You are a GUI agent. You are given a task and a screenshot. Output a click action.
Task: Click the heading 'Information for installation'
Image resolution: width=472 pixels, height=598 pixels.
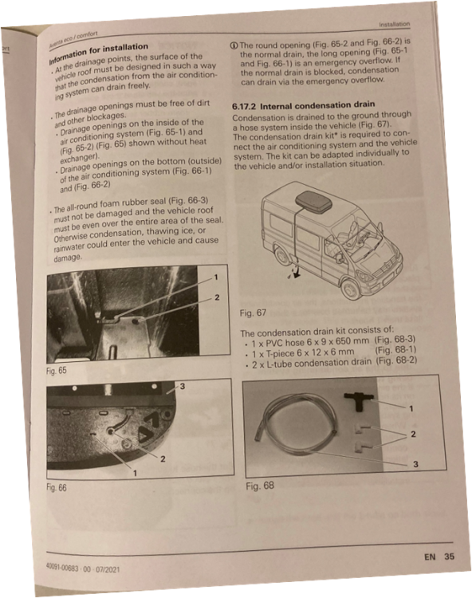tap(98, 53)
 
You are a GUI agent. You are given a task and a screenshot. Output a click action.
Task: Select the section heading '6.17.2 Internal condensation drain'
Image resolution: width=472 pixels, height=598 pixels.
tap(304, 105)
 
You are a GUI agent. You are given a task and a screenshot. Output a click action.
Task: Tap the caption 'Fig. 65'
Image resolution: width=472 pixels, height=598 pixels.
tap(57, 371)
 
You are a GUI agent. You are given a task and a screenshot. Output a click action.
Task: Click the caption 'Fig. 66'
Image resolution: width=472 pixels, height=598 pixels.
tap(57, 487)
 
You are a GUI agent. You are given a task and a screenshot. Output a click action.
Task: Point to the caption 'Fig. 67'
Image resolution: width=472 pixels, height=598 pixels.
tap(253, 313)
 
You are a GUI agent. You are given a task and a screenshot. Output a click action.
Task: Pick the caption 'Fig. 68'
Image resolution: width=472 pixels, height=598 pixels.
tap(260, 486)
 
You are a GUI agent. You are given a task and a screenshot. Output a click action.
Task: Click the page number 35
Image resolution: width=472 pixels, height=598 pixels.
tap(449, 557)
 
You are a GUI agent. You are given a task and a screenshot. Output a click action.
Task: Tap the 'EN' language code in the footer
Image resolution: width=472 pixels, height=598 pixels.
tap(430, 557)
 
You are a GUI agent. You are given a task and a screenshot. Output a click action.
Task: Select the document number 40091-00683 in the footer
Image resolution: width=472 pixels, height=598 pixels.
tap(62, 567)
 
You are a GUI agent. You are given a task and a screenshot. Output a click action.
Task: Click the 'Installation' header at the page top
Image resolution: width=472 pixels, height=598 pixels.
tap(394, 24)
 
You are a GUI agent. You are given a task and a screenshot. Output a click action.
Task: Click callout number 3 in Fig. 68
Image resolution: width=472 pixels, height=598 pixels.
tap(415, 464)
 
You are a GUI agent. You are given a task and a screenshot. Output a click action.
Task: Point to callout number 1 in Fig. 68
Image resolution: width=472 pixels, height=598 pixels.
tap(411, 408)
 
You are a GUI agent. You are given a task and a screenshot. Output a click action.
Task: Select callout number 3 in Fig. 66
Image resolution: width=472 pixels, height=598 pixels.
tap(183, 387)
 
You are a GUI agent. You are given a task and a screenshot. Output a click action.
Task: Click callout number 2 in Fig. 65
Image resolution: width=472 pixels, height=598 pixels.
tap(217, 297)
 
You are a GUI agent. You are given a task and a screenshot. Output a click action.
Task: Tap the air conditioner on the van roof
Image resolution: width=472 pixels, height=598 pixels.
tap(313, 202)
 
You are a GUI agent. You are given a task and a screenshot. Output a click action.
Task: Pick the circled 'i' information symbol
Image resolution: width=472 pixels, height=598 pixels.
tap(234, 45)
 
